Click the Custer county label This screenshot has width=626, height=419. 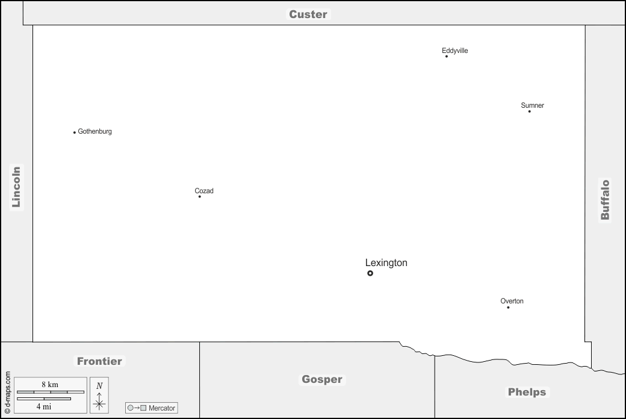coord(308,14)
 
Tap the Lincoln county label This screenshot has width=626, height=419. coord(16,187)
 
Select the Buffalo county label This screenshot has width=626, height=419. coord(606,200)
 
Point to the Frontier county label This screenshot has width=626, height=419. coord(99,361)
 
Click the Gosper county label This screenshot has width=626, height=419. coord(322,379)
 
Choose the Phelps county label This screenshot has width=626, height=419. coord(527,393)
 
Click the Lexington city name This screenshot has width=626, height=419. coord(386,263)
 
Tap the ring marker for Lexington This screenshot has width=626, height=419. coord(370,273)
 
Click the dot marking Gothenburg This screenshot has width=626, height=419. coord(74,132)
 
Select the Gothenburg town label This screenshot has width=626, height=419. coord(95,131)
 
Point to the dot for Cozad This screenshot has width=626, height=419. coord(200,196)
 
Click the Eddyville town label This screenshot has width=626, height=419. coord(454,51)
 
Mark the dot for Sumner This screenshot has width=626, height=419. coord(529,111)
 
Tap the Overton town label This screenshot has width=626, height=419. coord(512,301)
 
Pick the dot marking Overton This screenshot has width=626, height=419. coord(508,308)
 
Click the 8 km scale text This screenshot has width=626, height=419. coord(50,385)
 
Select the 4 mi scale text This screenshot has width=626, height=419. coord(44,406)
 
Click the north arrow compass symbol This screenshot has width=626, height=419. coord(99,396)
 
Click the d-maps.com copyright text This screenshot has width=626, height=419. coord(8,393)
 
